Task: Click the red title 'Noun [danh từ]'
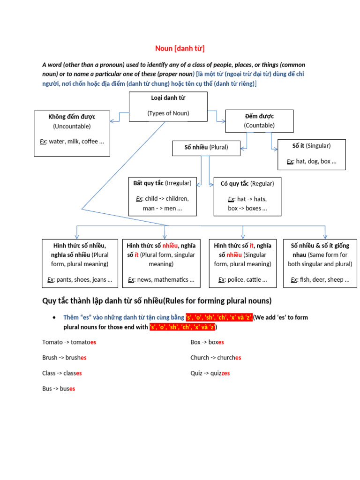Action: [x=180, y=49]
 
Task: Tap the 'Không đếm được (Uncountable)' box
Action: [x=72, y=133]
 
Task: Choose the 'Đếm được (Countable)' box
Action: [x=259, y=121]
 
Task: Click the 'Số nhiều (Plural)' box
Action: [x=206, y=147]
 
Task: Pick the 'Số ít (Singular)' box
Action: [x=311, y=153]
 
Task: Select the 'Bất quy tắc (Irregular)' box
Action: [x=162, y=196]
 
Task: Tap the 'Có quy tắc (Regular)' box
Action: [x=247, y=196]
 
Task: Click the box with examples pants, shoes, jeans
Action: [x=80, y=262]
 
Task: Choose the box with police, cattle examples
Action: [x=242, y=262]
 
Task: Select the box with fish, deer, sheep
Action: [x=320, y=262]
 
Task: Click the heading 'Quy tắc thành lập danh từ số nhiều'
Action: [x=157, y=300]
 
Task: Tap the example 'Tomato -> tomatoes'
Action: [x=69, y=342]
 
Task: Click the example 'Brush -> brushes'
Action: [x=64, y=358]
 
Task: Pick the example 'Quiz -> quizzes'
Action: [x=210, y=373]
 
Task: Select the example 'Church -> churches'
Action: [x=216, y=358]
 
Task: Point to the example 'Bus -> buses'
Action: [x=59, y=389]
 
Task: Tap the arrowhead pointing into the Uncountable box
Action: [x=112, y=121]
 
